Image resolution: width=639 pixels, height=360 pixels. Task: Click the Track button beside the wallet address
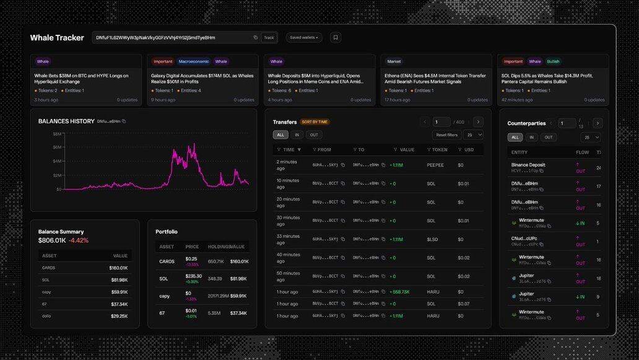coord(269,38)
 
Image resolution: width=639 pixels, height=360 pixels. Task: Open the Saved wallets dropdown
coord(304,38)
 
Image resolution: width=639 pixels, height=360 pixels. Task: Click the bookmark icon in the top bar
coord(336,38)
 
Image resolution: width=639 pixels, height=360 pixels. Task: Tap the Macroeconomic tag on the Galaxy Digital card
coord(193,61)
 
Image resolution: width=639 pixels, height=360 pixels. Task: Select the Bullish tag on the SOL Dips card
coord(553,61)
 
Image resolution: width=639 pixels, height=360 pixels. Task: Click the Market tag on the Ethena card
coord(394,61)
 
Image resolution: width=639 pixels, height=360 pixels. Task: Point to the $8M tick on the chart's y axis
coord(57,134)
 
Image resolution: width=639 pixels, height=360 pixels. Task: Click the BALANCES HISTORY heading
coord(66,121)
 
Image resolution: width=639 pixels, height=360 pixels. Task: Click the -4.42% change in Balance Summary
coord(79,240)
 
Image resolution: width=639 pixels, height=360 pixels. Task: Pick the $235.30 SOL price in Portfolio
coord(194,276)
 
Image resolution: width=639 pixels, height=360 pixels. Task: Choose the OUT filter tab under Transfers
coord(314,134)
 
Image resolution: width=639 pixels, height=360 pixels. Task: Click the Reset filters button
coord(446,134)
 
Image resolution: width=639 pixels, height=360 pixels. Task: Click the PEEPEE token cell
coord(435,165)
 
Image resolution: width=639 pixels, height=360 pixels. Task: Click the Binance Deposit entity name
coord(528,165)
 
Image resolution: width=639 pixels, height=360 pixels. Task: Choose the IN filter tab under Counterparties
coord(531,137)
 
